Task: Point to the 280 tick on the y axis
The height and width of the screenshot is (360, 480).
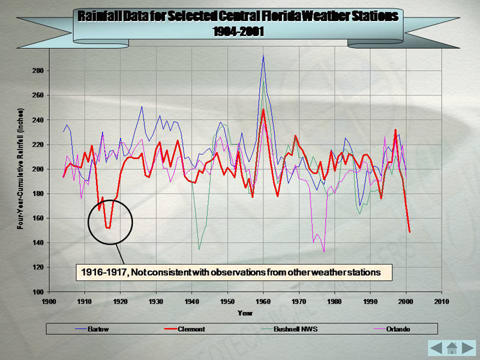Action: click(x=37, y=71)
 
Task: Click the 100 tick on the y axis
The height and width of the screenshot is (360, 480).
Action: click(x=37, y=292)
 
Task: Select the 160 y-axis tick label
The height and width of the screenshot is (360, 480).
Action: click(x=37, y=218)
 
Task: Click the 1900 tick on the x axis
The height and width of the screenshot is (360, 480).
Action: click(x=49, y=301)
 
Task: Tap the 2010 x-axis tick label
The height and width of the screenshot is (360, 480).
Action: click(x=442, y=301)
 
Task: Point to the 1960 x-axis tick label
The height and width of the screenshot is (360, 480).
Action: click(x=263, y=301)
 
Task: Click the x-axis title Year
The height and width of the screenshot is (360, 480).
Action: click(x=245, y=313)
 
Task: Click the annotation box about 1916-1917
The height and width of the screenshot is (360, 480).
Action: click(x=234, y=272)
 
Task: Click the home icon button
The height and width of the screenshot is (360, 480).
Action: click(x=452, y=347)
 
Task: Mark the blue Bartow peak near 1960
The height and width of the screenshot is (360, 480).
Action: click(x=263, y=56)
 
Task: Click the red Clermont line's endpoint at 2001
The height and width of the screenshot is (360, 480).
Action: click(x=409, y=232)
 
